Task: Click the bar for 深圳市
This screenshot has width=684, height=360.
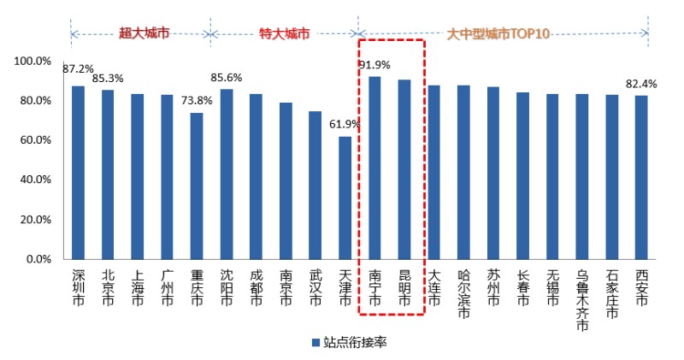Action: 78,172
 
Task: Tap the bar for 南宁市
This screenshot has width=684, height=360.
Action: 374,168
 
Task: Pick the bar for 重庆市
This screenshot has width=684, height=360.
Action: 197,186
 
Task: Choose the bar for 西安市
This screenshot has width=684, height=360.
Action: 642,177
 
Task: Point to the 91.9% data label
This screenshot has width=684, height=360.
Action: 374,64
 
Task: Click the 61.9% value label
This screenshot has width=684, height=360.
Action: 345,124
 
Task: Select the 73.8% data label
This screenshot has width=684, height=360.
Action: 197,101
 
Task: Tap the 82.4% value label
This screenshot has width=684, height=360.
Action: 642,84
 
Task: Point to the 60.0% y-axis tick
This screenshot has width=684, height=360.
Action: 33,140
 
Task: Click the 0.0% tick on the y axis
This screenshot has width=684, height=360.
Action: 38,259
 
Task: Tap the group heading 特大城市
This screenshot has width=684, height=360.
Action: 285,34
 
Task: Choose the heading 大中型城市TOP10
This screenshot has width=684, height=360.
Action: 498,34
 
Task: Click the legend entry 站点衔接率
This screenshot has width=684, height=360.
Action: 350,342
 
